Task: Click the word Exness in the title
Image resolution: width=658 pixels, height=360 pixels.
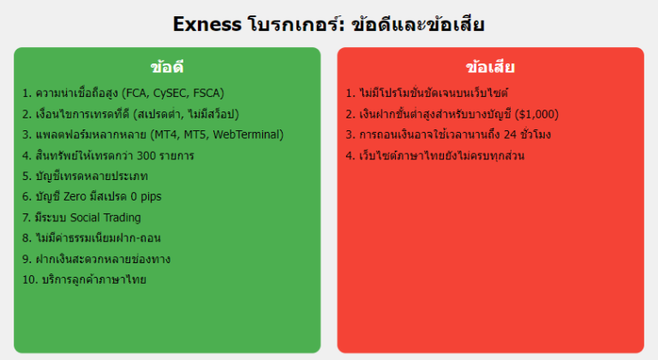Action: pyautogui.click(x=206, y=23)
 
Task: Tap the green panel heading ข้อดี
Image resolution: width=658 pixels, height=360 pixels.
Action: pyautogui.click(x=167, y=67)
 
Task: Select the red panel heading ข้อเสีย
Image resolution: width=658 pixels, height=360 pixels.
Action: pyautogui.click(x=490, y=67)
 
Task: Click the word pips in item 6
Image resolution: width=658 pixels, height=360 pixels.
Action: pyautogui.click(x=146, y=196)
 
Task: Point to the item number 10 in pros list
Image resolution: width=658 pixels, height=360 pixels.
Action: pyautogui.click(x=29, y=279)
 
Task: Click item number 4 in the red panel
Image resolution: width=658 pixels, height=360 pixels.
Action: pyautogui.click(x=350, y=155)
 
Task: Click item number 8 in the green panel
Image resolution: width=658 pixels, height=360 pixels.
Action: pyautogui.click(x=26, y=238)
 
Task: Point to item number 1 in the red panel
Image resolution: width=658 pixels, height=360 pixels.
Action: pyautogui.click(x=350, y=93)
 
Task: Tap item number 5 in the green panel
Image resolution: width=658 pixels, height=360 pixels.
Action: pyautogui.click(x=26, y=176)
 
